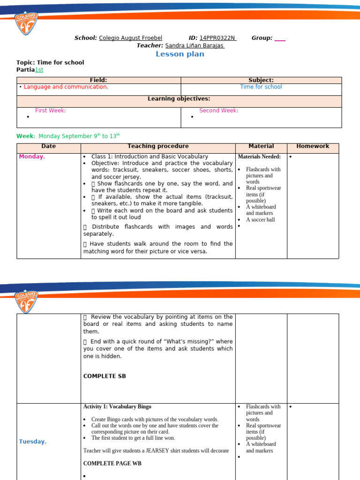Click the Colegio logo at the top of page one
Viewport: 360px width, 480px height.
coord(26,23)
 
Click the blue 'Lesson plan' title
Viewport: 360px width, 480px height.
coord(180,54)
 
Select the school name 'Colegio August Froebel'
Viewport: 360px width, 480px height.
coord(130,38)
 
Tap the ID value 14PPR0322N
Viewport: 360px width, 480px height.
coord(217,38)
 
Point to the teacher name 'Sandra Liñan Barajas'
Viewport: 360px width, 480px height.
coord(195,45)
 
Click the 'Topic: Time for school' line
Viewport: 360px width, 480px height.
coord(50,62)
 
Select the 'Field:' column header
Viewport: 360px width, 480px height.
coord(98,80)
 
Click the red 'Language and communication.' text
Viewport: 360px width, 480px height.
coord(66,87)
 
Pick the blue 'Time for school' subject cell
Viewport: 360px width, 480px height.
coord(261,87)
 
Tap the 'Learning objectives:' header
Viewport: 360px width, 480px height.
coord(179,98)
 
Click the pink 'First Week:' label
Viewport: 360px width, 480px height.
coord(51,111)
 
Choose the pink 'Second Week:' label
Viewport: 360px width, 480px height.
coord(218,111)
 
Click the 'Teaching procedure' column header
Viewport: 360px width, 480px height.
coord(158,146)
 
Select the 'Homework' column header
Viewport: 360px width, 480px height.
coord(313,146)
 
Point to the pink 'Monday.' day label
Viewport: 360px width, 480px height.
coord(32,157)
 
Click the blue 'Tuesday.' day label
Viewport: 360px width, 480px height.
coord(33,442)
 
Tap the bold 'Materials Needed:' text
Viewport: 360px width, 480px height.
coord(259,157)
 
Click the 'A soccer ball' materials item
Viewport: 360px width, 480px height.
coord(260,219)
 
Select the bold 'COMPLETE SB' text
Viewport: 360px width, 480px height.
coord(105,376)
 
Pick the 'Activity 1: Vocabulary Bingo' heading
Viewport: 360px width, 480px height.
coord(117,406)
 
